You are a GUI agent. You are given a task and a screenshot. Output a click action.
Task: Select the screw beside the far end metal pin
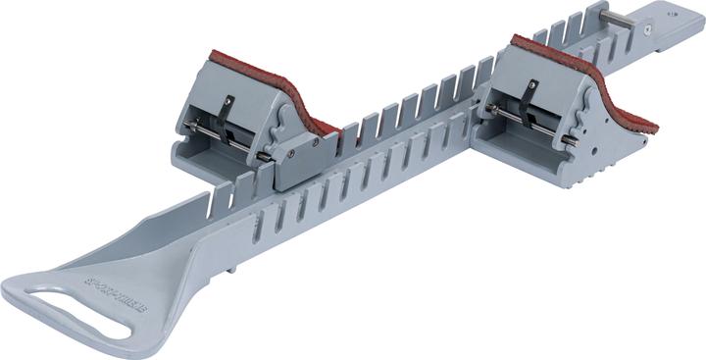(649, 29)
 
